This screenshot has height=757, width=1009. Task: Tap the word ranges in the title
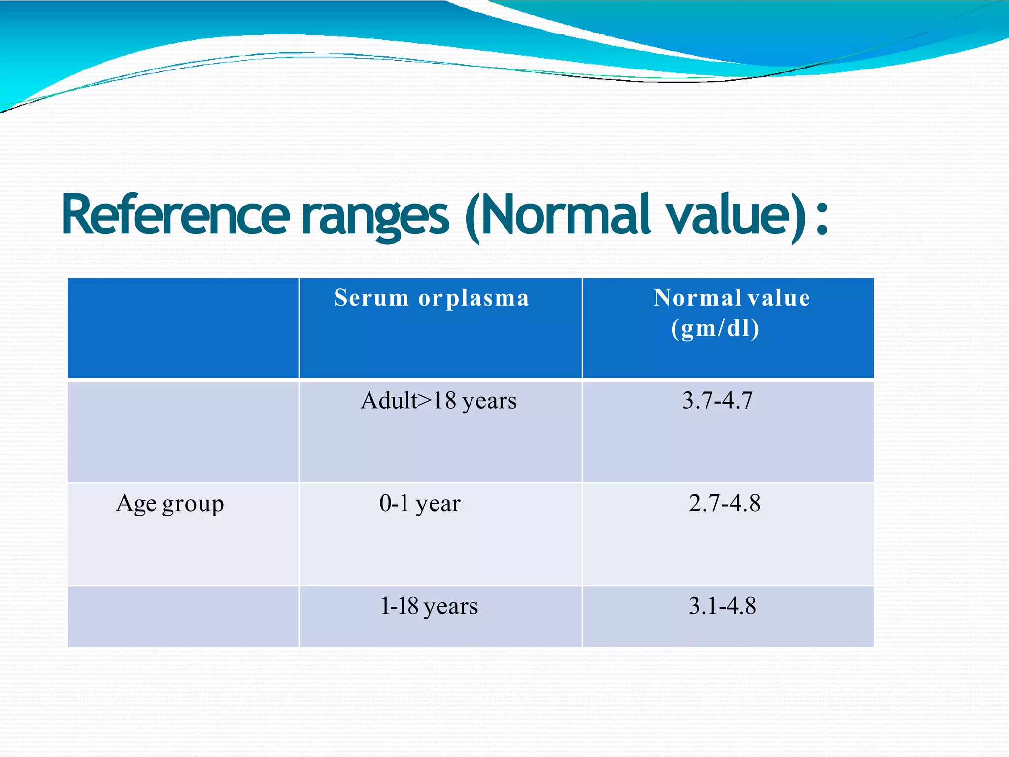click(375, 217)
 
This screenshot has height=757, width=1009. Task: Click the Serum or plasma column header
click(432, 298)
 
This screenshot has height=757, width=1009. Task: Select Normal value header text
click(731, 298)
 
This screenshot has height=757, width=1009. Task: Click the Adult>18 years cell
click(438, 401)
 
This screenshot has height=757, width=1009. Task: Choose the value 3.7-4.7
click(717, 400)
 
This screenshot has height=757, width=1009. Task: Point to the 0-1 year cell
click(420, 504)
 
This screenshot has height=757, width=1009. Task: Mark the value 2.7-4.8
click(724, 503)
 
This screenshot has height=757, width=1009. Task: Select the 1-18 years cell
click(429, 606)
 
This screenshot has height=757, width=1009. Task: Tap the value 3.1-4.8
click(722, 606)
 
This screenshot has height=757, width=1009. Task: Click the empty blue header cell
click(183, 328)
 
